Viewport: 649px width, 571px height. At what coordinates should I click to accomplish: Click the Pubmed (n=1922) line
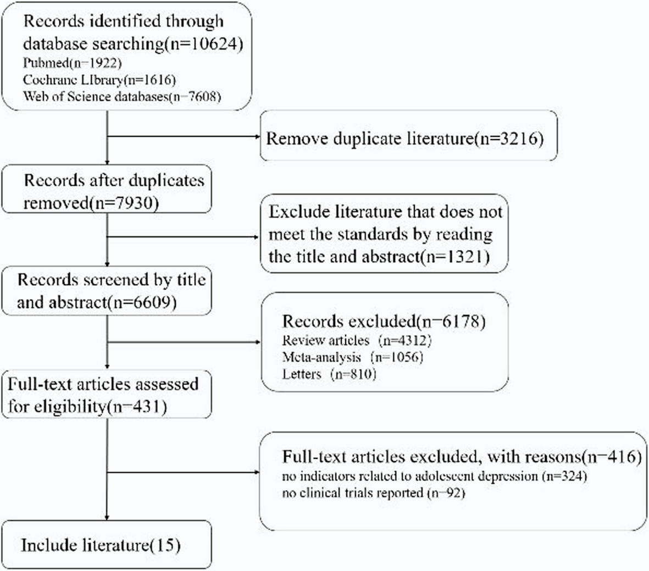pyautogui.click(x=73, y=63)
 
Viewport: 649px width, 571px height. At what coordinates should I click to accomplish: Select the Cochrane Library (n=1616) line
pyautogui.click(x=99, y=80)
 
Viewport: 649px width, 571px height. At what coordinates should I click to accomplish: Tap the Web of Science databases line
pyautogui.click(x=122, y=97)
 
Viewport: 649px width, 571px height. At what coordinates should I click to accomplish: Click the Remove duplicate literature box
pyautogui.click(x=408, y=135)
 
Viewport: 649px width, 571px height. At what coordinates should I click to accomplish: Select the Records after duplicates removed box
pyautogui.click(x=107, y=189)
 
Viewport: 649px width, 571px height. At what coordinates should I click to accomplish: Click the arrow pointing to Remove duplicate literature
pyautogui.click(x=184, y=136)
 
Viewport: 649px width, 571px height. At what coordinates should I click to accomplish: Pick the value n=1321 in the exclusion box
pyautogui.click(x=456, y=257)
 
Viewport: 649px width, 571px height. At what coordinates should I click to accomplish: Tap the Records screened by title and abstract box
pyautogui.click(x=107, y=291)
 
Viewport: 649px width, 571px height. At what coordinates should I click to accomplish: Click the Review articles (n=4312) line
pyautogui.click(x=357, y=340)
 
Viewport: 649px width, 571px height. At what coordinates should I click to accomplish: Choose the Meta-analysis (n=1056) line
pyautogui.click(x=353, y=357)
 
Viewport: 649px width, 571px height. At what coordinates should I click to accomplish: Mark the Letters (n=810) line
pyautogui.click(x=329, y=374)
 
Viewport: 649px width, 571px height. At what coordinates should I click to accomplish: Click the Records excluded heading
pyautogui.click(x=384, y=321)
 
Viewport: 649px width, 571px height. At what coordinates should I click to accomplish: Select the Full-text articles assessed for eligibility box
pyautogui.click(x=107, y=394)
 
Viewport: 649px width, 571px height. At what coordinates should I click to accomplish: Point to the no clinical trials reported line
pyautogui.click(x=374, y=493)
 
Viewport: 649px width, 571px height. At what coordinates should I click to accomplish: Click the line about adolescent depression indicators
pyautogui.click(x=435, y=476)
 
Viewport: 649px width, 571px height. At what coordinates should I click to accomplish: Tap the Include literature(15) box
pyautogui.click(x=107, y=545)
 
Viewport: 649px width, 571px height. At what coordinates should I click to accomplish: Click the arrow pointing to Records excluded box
pyautogui.click(x=184, y=342)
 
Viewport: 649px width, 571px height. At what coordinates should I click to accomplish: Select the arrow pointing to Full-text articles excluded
pyautogui.click(x=184, y=472)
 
